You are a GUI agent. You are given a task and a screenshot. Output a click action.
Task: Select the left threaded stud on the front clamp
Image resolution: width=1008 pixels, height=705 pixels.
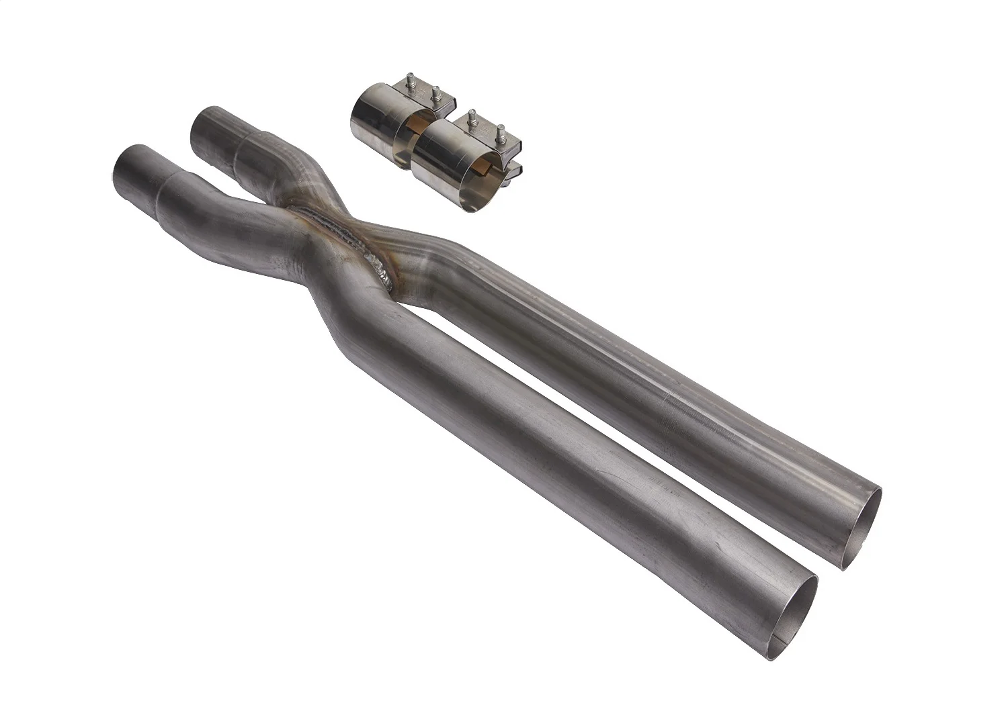tap(473, 115)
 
